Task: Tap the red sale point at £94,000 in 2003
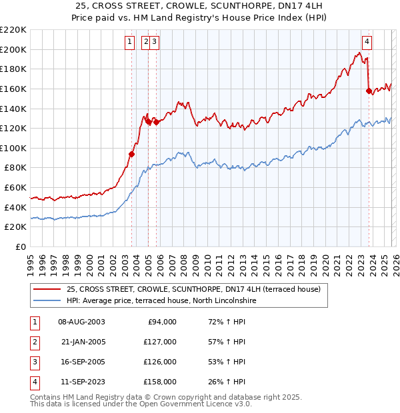(x=131, y=154)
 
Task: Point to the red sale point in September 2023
(x=369, y=91)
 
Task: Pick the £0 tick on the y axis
(x=21, y=246)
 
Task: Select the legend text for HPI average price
(x=161, y=300)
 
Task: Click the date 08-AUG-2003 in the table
(x=82, y=322)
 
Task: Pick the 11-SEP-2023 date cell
(x=82, y=382)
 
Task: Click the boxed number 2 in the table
(x=35, y=342)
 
